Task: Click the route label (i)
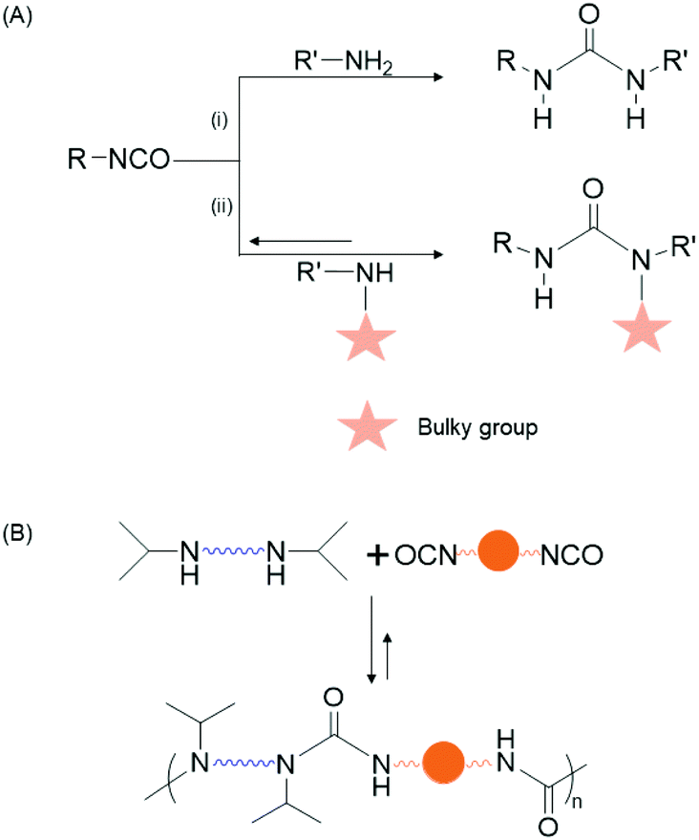pos(218,120)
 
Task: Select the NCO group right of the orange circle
pos(571,555)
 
